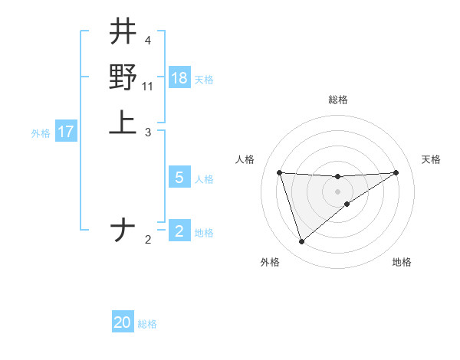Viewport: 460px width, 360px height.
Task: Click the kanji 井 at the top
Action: pos(123,32)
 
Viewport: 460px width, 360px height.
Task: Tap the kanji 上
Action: pos(123,122)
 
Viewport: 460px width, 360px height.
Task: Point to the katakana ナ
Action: pos(123,231)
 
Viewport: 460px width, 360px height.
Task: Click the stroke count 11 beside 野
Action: pos(148,86)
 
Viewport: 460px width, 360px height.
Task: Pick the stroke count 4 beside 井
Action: pos(147,41)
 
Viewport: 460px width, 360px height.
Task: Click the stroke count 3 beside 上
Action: pos(147,132)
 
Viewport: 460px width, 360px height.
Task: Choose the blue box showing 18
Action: pos(179,77)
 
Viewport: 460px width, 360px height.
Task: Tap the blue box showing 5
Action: pos(179,178)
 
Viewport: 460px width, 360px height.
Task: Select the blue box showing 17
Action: pos(66,132)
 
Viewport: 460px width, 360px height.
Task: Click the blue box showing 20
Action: pos(123,322)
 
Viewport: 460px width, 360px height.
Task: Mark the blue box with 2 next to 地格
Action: pos(179,231)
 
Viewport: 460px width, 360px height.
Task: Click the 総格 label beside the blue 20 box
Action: pos(147,324)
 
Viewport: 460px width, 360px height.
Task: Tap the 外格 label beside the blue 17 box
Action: pos(41,133)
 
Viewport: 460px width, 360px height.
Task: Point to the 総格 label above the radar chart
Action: pos(337,100)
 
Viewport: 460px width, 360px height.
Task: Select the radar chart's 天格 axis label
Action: pos(431,159)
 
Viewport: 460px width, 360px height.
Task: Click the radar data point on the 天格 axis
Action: pos(396,172)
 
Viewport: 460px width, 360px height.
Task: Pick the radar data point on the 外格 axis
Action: pos(301,242)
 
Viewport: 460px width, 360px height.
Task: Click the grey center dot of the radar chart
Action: pos(337,191)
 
